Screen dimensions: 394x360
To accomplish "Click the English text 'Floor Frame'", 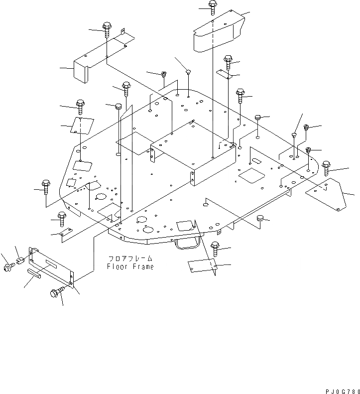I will [130, 266].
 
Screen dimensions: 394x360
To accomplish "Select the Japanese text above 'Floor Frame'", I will [130, 259].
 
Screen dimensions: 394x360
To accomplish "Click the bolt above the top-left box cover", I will [108, 29].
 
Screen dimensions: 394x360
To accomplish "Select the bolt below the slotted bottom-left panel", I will [57, 293].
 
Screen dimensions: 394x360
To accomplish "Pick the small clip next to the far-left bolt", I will [21, 261].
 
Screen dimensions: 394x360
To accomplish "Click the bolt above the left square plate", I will [80, 106].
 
